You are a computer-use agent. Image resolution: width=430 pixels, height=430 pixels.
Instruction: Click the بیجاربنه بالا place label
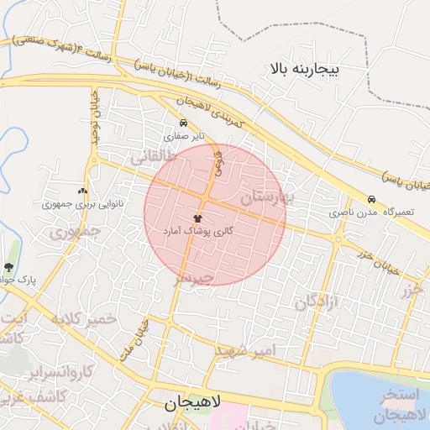tap(302, 68)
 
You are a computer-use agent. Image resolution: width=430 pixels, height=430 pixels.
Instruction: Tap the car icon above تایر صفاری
tap(184, 123)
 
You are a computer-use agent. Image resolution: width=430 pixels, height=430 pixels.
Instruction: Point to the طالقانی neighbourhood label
tap(152, 156)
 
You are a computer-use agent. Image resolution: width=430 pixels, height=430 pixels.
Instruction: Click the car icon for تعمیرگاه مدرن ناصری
tap(371, 200)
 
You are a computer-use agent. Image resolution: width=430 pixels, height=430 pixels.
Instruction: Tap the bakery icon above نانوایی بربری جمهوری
tap(81, 191)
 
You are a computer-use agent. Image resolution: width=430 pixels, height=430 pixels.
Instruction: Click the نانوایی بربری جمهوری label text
tap(78, 204)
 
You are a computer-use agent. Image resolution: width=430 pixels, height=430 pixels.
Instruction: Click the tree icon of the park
tap(9, 267)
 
